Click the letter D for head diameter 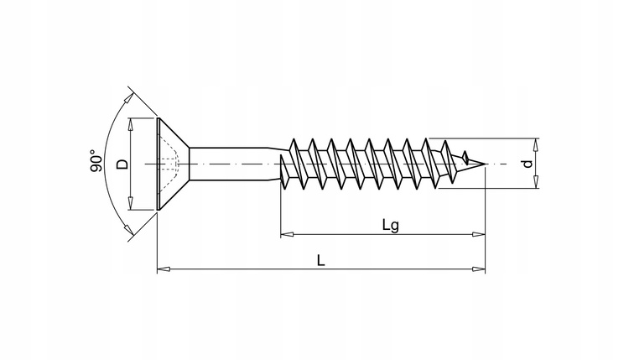coord(122,164)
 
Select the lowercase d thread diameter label coord(527,164)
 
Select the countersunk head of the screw coord(172,164)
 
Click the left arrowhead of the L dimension coord(162,269)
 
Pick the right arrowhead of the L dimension coord(480,269)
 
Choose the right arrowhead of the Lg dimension coord(480,232)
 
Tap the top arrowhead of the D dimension coord(131,124)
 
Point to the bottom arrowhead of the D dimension coord(131,204)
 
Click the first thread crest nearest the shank coord(293,139)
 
